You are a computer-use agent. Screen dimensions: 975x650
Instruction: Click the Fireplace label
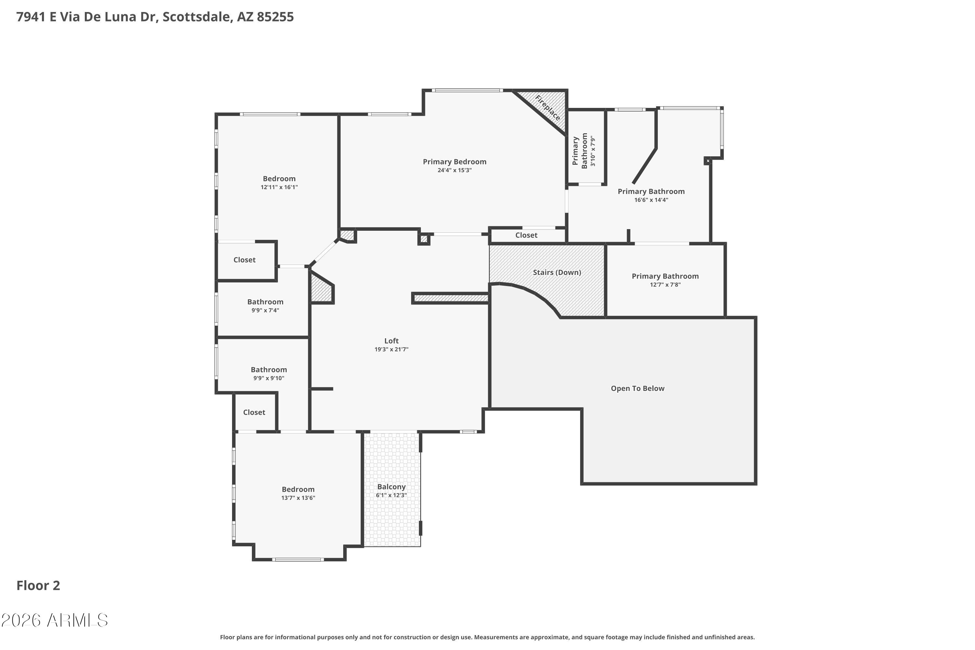(548, 108)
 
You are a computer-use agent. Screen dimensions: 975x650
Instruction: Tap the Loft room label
(391, 341)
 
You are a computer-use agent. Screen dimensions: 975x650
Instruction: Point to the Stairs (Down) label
(557, 272)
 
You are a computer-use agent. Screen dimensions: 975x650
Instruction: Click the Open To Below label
(638, 388)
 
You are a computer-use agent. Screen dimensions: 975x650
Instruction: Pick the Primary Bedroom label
(454, 162)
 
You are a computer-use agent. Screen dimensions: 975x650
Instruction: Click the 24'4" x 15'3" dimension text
(454, 170)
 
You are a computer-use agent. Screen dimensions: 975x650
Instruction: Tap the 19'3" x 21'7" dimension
(391, 349)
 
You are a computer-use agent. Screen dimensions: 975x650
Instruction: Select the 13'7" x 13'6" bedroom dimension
(298, 498)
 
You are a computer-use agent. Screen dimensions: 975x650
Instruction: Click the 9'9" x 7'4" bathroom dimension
(265, 310)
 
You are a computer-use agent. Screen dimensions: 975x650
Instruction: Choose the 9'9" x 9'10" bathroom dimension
(269, 378)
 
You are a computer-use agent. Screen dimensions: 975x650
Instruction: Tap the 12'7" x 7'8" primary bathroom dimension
(665, 285)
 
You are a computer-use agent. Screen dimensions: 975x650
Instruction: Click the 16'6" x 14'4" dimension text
(651, 200)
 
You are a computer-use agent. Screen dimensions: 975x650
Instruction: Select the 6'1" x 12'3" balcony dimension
(391, 495)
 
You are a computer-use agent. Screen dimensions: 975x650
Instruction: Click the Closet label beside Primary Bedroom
(526, 235)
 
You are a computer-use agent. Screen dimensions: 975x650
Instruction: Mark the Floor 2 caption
(38, 585)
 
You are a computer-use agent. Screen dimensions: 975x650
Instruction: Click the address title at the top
(155, 17)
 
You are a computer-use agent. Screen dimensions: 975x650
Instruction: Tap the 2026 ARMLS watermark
(54, 620)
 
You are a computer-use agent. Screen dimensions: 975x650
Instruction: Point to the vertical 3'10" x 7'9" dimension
(593, 151)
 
